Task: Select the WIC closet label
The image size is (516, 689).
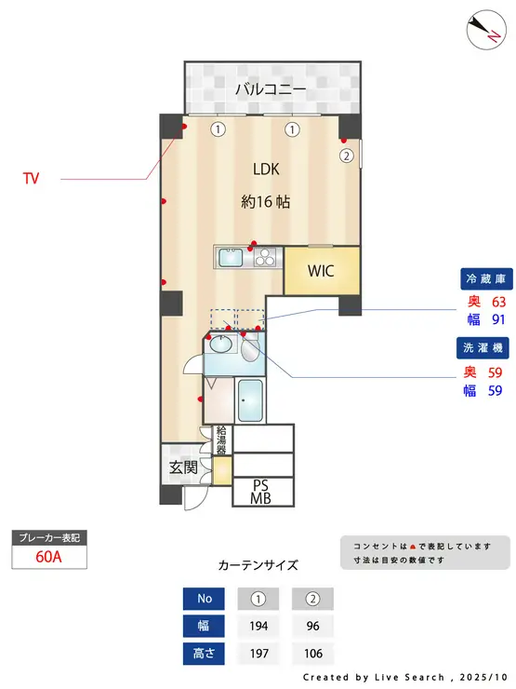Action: (321, 271)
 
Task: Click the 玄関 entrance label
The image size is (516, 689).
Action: (183, 468)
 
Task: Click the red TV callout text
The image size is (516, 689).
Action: (31, 178)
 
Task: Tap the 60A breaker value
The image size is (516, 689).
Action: (49, 557)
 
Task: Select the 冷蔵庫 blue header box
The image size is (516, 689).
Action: (484, 279)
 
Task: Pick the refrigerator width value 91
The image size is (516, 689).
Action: (497, 319)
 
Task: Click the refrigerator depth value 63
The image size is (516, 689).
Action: (497, 302)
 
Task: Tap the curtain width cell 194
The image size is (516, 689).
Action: (260, 627)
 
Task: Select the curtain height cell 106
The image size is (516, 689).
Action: (312, 653)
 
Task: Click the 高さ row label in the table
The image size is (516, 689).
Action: (204, 653)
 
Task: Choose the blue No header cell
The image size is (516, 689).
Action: (204, 599)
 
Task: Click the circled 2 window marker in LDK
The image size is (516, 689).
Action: (345, 155)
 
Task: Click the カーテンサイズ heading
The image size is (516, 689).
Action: (258, 564)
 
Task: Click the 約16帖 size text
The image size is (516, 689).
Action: (266, 200)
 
